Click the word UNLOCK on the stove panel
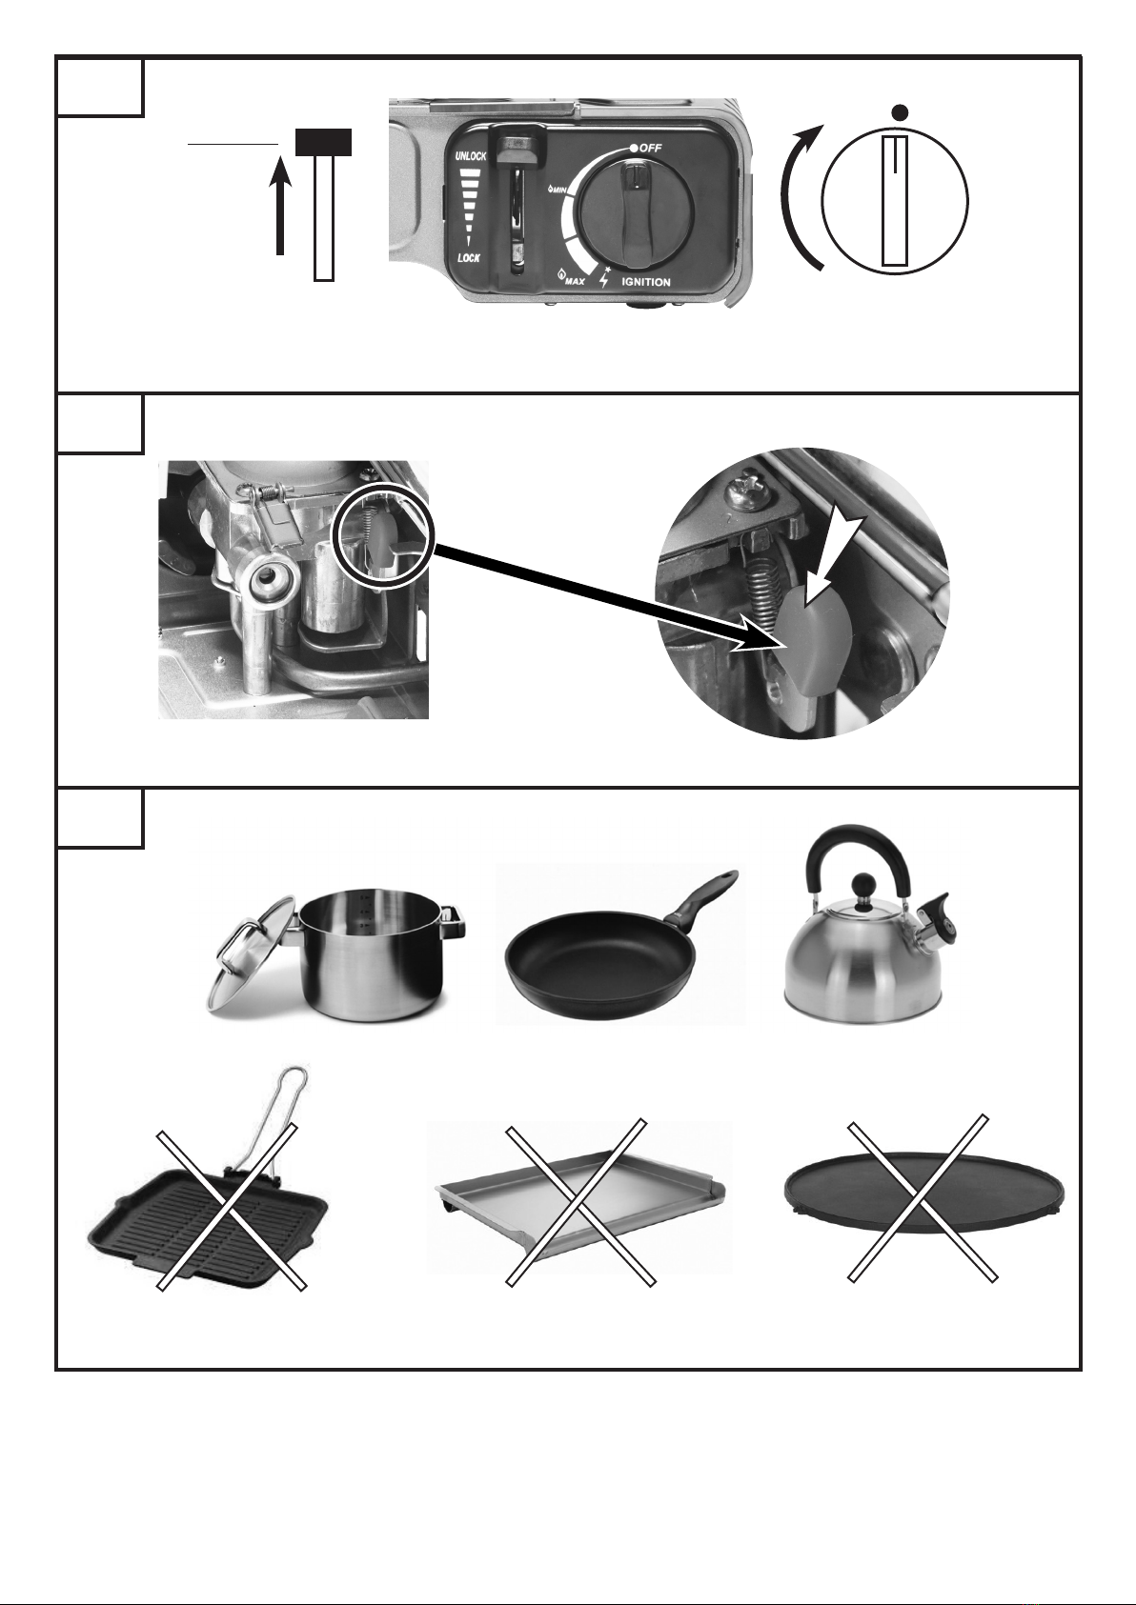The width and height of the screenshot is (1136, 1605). pos(471,156)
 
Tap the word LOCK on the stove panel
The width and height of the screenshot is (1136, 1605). pos(469,258)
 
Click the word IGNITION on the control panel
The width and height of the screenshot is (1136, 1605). pos(646,282)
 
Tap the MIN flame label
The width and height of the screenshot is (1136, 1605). pos(559,190)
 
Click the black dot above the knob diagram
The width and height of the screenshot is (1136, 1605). pos(902,111)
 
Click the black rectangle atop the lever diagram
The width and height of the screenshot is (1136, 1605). pos(323,143)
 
